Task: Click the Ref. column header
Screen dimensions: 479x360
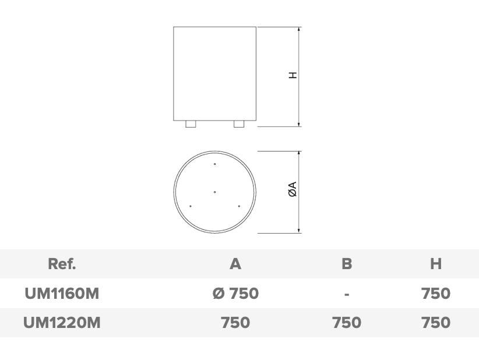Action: (62, 263)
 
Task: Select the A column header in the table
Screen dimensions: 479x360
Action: (235, 263)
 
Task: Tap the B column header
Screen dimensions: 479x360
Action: (347, 263)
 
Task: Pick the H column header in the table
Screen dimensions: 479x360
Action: (436, 263)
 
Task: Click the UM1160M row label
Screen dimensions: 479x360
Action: (62, 294)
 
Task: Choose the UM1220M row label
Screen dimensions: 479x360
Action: (62, 323)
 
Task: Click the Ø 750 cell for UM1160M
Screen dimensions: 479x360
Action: (235, 294)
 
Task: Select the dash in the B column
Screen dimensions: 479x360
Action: (346, 295)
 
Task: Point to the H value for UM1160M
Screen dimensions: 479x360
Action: (436, 294)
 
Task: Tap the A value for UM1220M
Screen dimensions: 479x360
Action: (235, 323)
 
